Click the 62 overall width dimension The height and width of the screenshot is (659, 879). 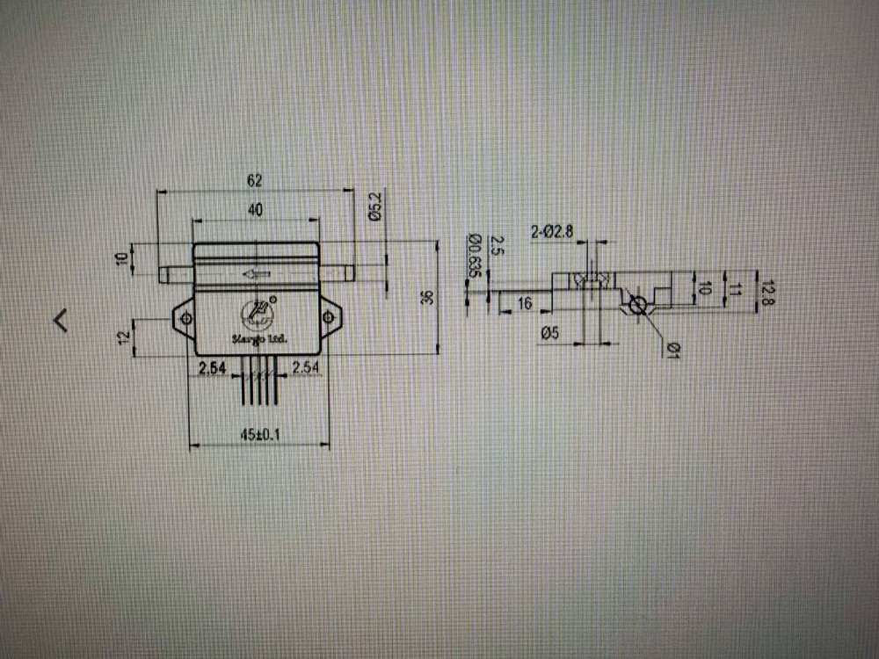255,181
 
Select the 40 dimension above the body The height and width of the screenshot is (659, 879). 255,210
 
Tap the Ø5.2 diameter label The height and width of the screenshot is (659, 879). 374,206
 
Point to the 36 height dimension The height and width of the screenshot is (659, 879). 427,298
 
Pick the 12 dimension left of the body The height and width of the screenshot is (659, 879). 124,336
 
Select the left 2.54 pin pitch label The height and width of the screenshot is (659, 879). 213,368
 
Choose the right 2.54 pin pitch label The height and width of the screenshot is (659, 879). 305,368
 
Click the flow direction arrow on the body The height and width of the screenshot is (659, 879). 256,275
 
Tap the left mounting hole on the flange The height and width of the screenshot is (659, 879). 185,317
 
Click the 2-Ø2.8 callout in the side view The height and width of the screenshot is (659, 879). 552,232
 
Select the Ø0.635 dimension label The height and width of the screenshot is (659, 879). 474,255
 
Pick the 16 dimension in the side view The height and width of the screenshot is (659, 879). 524,303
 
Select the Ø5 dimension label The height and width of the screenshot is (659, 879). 551,332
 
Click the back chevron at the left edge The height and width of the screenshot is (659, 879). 61,320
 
